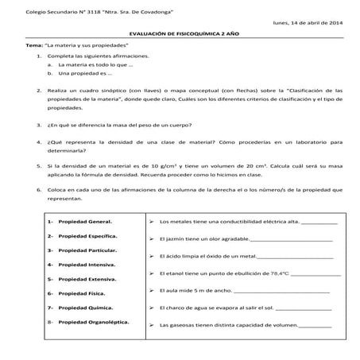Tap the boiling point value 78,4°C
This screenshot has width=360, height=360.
click(273, 273)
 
